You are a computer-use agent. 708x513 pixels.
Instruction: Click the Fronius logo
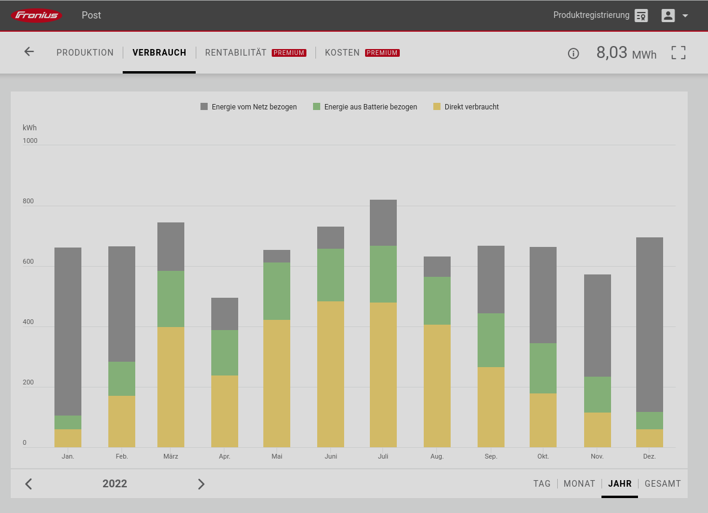pyautogui.click(x=37, y=16)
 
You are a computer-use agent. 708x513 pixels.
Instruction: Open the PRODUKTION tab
pyautogui.click(x=85, y=53)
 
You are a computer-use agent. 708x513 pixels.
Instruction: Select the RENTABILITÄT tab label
pyautogui.click(x=236, y=53)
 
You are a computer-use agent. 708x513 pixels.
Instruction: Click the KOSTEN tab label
pyautogui.click(x=342, y=53)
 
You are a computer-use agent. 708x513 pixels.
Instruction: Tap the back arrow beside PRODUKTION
pyautogui.click(x=29, y=51)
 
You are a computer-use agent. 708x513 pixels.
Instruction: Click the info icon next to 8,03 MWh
pyautogui.click(x=573, y=54)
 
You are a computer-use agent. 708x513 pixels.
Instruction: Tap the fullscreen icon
pyautogui.click(x=678, y=53)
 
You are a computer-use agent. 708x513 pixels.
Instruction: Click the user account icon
pyautogui.click(x=668, y=16)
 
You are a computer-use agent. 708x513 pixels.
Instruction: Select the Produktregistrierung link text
pyautogui.click(x=591, y=16)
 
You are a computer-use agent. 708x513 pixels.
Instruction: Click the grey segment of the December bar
pyautogui.click(x=649, y=325)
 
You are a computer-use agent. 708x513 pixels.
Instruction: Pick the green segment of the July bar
pyautogui.click(x=383, y=274)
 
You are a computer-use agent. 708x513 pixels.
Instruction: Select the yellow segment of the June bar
pyautogui.click(x=330, y=374)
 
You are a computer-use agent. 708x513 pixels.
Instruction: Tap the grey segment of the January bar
pyautogui.click(x=68, y=332)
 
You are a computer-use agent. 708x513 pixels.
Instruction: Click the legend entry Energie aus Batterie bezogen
pyautogui.click(x=365, y=107)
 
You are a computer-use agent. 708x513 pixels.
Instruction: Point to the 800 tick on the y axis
pyautogui.click(x=28, y=201)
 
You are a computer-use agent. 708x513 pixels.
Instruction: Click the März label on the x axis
pyautogui.click(x=171, y=456)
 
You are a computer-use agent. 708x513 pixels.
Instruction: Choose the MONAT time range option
pyautogui.click(x=579, y=484)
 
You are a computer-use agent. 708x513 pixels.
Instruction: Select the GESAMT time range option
pyautogui.click(x=663, y=484)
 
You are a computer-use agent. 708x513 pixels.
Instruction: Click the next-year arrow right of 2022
pyautogui.click(x=201, y=484)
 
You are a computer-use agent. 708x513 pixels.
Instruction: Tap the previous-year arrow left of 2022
pyautogui.click(x=29, y=484)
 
